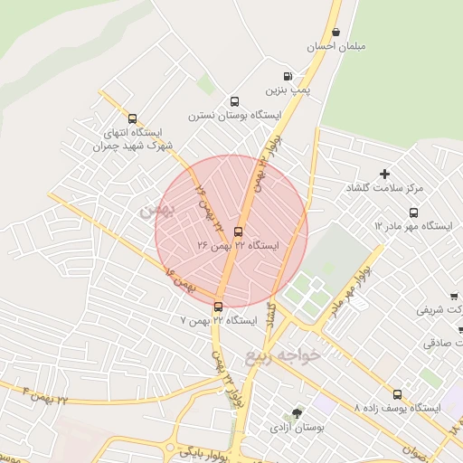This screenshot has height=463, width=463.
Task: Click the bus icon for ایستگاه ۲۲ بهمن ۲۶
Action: [x=238, y=231]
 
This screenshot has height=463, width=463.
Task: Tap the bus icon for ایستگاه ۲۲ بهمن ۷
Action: [x=218, y=307]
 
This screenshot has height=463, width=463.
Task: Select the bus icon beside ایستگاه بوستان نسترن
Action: [x=234, y=101]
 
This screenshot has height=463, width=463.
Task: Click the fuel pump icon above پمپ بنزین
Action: [x=288, y=76]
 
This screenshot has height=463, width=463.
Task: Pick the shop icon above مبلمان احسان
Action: [x=335, y=32]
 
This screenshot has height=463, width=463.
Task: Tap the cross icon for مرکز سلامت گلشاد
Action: [x=384, y=173]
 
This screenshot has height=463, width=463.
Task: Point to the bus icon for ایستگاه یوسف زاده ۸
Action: [x=397, y=394]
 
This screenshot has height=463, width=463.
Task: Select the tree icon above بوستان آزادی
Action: [x=298, y=412]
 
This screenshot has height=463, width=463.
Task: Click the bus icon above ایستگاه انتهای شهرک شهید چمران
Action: [x=133, y=118]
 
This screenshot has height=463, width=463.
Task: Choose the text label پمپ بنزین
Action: [x=288, y=90]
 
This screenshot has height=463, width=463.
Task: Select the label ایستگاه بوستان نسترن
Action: [x=234, y=116]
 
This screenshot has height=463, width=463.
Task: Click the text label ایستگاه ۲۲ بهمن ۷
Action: [x=219, y=321]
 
